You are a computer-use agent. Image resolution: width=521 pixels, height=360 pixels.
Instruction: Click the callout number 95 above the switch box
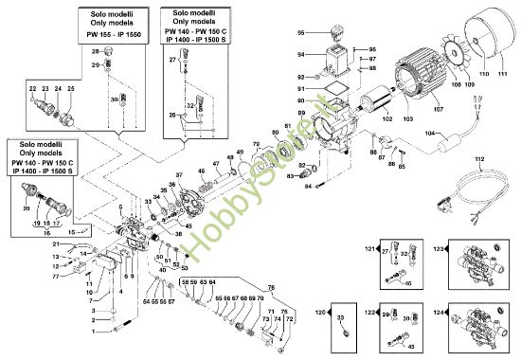point(327,32)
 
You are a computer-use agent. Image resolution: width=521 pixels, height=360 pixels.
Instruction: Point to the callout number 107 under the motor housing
point(412,110)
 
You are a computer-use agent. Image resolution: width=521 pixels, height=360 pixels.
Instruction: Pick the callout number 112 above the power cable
point(479,158)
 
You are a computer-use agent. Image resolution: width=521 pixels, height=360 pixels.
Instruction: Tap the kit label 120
point(321,312)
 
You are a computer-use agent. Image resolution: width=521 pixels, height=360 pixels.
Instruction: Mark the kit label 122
point(370,312)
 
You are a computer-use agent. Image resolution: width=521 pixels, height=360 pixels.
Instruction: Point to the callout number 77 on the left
point(55,276)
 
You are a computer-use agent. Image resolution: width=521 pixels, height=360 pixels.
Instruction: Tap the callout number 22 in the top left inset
point(32,88)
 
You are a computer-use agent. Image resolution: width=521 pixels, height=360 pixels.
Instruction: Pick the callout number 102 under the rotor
point(386,119)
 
